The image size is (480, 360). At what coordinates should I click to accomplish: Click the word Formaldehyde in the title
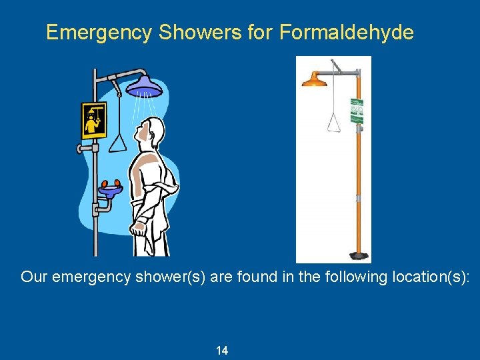coord(347,32)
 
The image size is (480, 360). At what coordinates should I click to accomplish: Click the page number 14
coord(222,351)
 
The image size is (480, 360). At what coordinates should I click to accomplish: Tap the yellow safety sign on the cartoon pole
coord(94,120)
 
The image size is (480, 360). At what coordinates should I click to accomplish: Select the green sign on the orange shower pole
coord(357,111)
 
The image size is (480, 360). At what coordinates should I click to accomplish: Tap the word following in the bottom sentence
coord(353,277)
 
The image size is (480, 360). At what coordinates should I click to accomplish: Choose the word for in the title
coord(259,32)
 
